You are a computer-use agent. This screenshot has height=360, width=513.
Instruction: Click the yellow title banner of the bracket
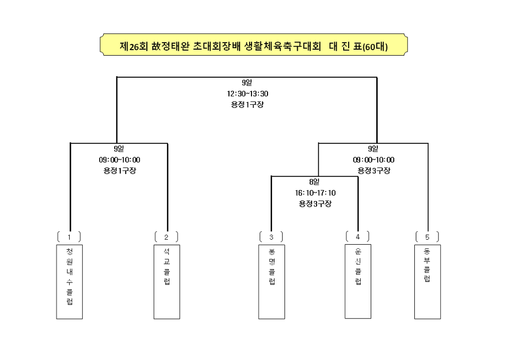pyautogui.click(x=253, y=45)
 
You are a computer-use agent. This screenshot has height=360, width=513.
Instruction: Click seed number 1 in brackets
pyautogui.click(x=69, y=237)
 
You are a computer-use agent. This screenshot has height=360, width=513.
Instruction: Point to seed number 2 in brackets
pyautogui.click(x=166, y=237)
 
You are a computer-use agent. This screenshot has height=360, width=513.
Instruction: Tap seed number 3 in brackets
pyautogui.click(x=271, y=237)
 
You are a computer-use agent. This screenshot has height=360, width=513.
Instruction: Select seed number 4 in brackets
pyautogui.click(x=358, y=236)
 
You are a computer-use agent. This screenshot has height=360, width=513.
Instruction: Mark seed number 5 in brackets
pyautogui.click(x=427, y=237)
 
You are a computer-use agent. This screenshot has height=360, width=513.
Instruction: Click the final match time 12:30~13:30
pyautogui.click(x=247, y=94)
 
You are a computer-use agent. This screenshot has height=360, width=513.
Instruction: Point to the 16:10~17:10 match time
pyautogui.click(x=316, y=193)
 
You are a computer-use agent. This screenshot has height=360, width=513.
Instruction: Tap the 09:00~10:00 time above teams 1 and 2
pyautogui.click(x=119, y=160)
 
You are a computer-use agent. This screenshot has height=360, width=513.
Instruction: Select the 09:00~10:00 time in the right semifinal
pyautogui.click(x=374, y=160)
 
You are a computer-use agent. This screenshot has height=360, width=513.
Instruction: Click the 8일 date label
pyautogui.click(x=314, y=182)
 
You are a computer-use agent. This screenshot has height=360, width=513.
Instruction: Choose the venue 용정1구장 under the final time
pyautogui.click(x=247, y=104)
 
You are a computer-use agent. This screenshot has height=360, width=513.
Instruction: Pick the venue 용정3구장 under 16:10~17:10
pyautogui.click(x=316, y=204)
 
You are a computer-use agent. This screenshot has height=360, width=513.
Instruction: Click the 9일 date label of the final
pyautogui.click(x=247, y=83)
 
